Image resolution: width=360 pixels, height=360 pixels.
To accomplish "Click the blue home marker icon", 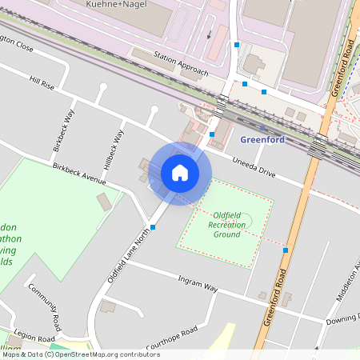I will point(180,173).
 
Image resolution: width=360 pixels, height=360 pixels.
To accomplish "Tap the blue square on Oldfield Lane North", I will point(153,227).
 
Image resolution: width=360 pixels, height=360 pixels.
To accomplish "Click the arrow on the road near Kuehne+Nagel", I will point(210,35).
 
